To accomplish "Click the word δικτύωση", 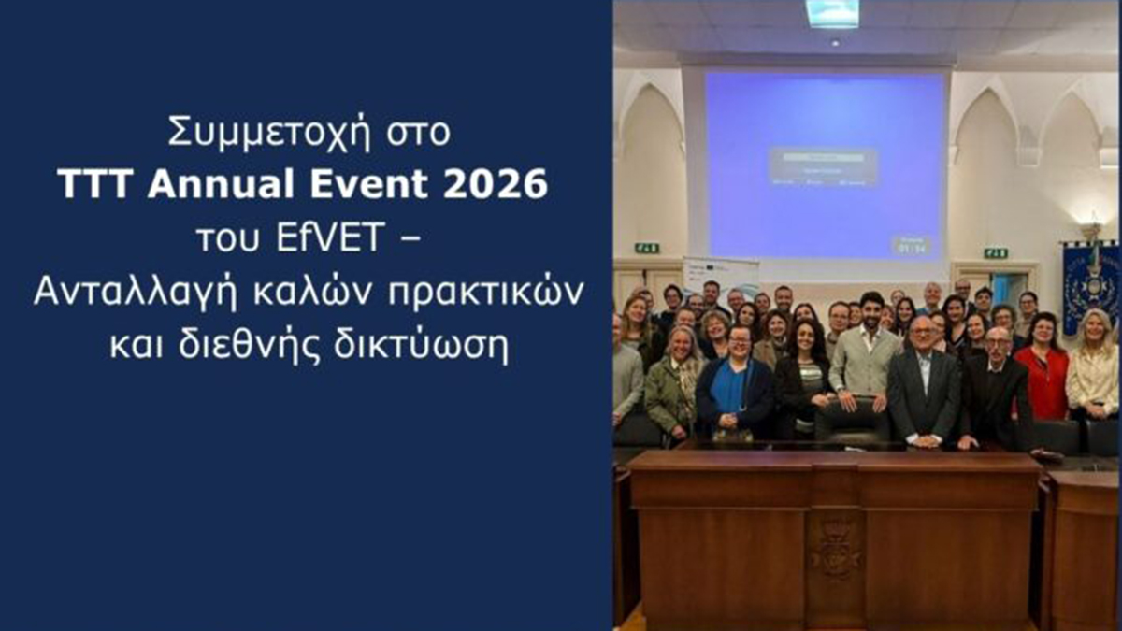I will point(439,346).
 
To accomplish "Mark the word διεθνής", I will point(293,346).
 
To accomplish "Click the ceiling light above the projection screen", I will point(831,12).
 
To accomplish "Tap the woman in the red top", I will point(1040,369).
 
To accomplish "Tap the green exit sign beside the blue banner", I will point(996,252).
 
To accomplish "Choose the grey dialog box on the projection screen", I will point(823,166).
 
